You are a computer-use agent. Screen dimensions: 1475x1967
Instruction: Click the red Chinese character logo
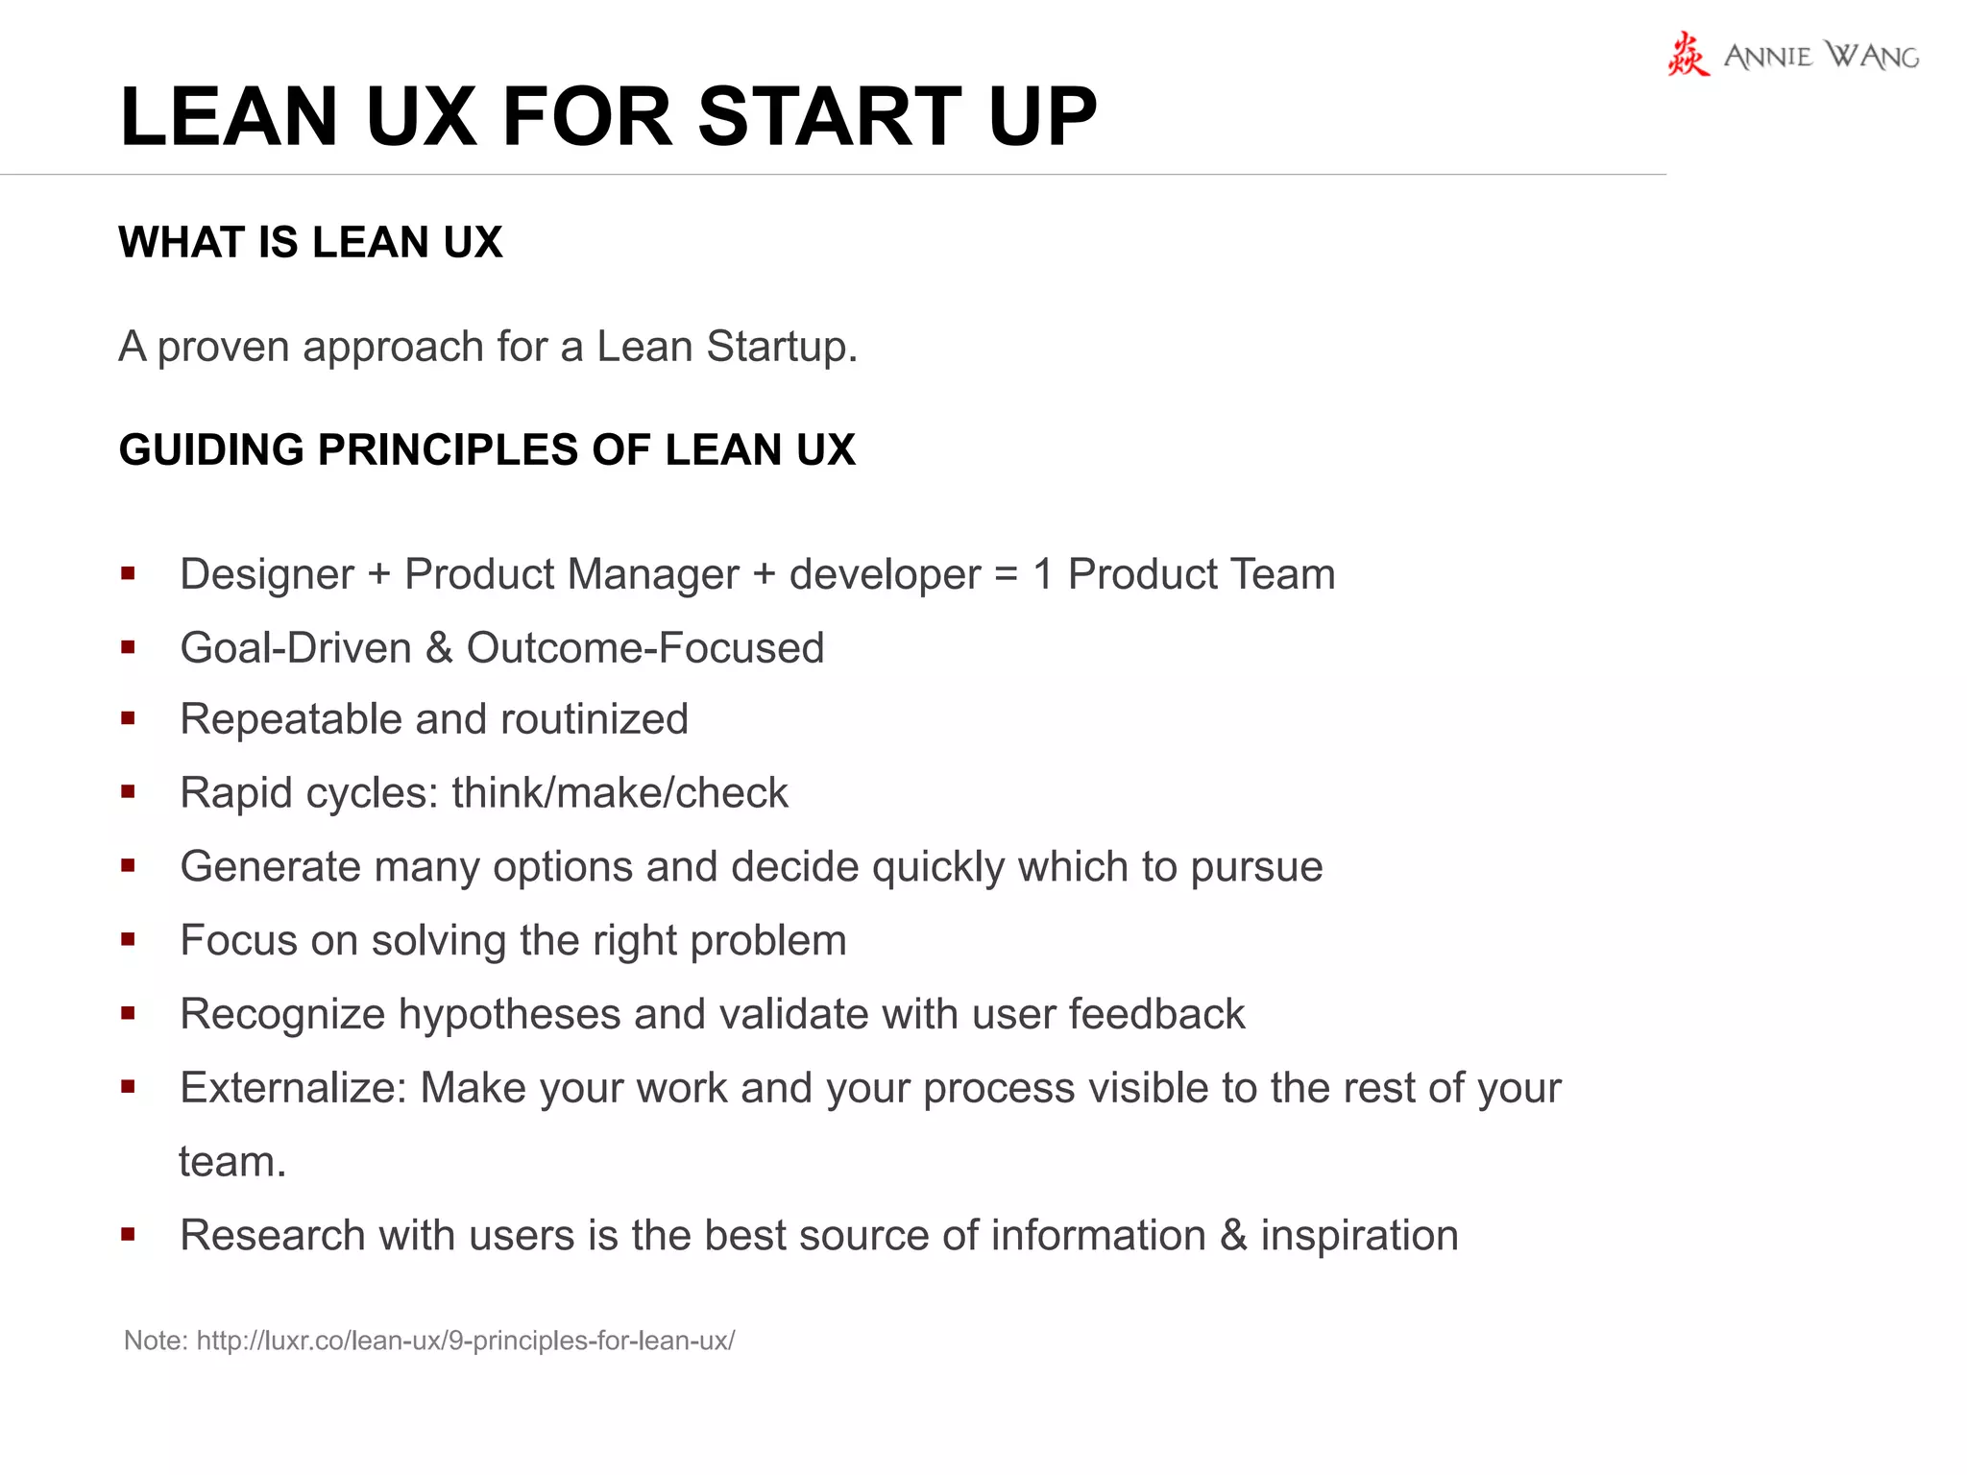click(x=1688, y=54)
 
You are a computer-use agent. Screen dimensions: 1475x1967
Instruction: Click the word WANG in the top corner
click(x=1872, y=56)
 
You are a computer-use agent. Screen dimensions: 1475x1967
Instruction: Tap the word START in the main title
click(x=829, y=116)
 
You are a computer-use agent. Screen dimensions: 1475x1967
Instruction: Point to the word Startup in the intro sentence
click(x=781, y=347)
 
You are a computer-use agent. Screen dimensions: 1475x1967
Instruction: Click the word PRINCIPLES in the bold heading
click(x=448, y=449)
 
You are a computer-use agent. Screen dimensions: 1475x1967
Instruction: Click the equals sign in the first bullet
click(x=1006, y=574)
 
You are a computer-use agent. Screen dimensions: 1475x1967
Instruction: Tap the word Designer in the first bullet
click(x=267, y=574)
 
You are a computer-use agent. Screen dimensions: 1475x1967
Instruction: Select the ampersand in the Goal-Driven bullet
click(x=439, y=648)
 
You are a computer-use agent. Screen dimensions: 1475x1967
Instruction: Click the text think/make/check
click(x=619, y=793)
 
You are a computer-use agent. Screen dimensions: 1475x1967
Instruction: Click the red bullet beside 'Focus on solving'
click(x=128, y=940)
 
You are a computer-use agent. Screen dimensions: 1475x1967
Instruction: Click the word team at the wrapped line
click(x=231, y=1162)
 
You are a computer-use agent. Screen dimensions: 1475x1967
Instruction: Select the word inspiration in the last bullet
click(x=1359, y=1235)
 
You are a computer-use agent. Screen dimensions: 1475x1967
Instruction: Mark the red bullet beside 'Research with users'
click(x=128, y=1234)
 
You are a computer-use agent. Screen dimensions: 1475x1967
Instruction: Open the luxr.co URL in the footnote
click(x=466, y=1341)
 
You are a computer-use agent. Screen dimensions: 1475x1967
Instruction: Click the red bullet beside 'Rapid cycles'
click(x=128, y=792)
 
